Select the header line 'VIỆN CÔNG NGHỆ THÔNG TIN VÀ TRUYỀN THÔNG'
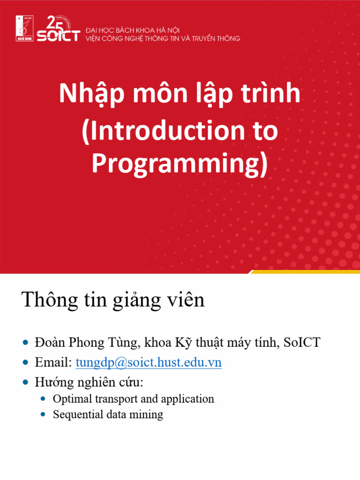[x=163, y=38]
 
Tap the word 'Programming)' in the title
[x=180, y=164]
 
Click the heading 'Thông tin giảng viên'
[x=113, y=300]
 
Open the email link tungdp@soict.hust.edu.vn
[x=149, y=362]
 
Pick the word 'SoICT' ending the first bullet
[x=302, y=343]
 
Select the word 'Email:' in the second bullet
[x=53, y=362]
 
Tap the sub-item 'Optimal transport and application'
[x=133, y=399]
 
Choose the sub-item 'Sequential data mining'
[x=108, y=414]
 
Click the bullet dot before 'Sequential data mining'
[x=44, y=414]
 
